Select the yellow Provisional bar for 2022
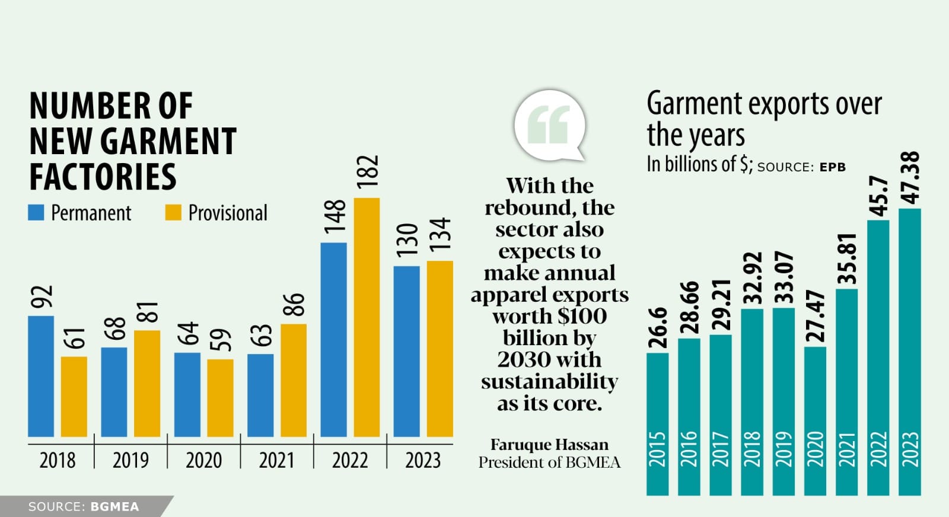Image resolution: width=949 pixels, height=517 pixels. (367, 317)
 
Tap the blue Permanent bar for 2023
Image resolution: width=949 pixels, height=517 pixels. (406, 351)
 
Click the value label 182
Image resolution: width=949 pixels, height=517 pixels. (368, 172)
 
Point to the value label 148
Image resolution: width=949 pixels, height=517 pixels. (335, 216)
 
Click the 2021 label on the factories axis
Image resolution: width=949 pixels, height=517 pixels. (276, 460)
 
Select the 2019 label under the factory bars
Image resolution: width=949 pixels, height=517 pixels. (130, 460)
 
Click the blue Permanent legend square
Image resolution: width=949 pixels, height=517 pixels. (36, 213)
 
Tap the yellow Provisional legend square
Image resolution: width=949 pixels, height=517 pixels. (173, 213)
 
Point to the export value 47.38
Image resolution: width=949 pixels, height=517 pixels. (910, 177)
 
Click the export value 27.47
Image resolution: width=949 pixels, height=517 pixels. (816, 315)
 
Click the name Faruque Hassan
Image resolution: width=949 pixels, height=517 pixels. (549, 445)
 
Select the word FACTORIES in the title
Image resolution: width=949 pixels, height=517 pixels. (103, 177)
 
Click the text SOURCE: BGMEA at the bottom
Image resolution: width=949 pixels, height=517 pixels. (84, 507)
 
